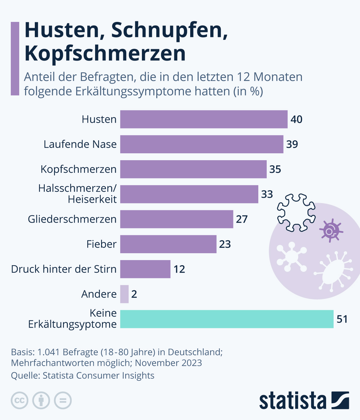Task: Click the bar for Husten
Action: click(x=204, y=119)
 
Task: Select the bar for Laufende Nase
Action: click(x=202, y=144)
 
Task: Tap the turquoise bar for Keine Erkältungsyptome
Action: click(x=227, y=319)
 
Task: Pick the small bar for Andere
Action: click(x=124, y=294)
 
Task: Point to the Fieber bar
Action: click(x=168, y=244)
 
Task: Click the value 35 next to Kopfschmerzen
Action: click(x=275, y=169)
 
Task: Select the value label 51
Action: click(x=342, y=319)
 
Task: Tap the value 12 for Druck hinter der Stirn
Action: click(x=179, y=269)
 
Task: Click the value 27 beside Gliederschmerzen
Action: click(x=241, y=219)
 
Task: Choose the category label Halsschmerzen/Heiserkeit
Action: click(x=77, y=194)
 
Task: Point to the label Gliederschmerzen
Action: click(x=72, y=219)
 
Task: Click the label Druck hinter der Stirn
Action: click(x=64, y=269)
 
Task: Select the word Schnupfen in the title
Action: click(x=169, y=30)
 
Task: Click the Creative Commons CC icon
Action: click(x=20, y=400)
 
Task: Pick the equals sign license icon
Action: click(x=63, y=400)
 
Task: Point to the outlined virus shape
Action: click(x=296, y=212)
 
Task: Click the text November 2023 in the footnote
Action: click(x=168, y=363)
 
